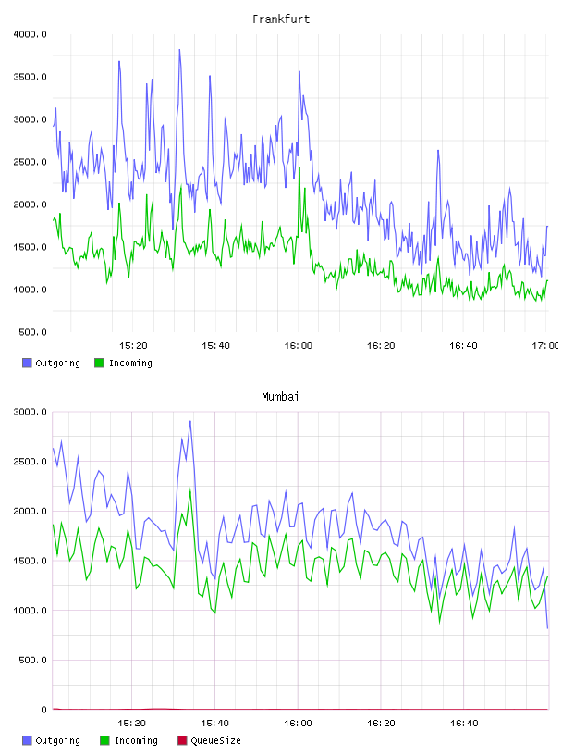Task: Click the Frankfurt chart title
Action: [x=281, y=19]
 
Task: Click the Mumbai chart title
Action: [x=280, y=397]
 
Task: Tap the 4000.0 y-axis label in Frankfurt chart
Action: [x=30, y=34]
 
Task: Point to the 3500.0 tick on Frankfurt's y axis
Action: [x=30, y=77]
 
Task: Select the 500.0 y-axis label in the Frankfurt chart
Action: [x=32, y=332]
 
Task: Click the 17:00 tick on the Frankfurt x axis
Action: [x=545, y=346]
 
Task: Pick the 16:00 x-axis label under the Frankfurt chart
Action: [x=299, y=346]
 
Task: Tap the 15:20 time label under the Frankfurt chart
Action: [x=133, y=346]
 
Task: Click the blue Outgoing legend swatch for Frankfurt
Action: [x=27, y=363]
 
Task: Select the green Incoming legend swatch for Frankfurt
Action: [x=99, y=363]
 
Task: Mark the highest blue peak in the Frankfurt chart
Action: [x=179, y=50]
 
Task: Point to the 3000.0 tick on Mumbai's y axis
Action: [x=30, y=412]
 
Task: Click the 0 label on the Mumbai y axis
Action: [x=43, y=710]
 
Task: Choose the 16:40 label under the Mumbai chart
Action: [x=464, y=724]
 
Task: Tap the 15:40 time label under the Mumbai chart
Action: [x=214, y=724]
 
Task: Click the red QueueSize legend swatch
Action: [x=182, y=740]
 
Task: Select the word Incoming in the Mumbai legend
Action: [x=136, y=741]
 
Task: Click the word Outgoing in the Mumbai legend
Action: [x=57, y=741]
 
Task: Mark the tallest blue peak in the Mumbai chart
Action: [x=190, y=421]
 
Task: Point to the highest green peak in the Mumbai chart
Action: [x=190, y=489]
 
